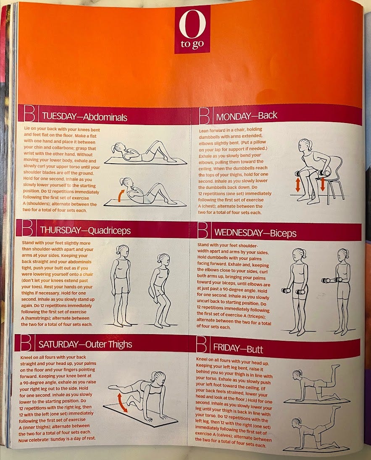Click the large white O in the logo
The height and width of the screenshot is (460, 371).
pyautogui.click(x=192, y=24)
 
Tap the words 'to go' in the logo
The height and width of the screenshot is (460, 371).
pyautogui.click(x=192, y=44)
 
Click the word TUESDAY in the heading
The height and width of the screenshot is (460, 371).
pyautogui.click(x=59, y=116)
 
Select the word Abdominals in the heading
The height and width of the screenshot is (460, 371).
pyautogui.click(x=105, y=118)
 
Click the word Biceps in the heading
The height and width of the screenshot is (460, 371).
pyautogui.click(x=283, y=233)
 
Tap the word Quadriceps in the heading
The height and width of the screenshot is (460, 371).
pyautogui.click(x=109, y=230)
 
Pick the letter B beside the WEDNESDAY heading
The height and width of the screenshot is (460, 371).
pyautogui.click(x=203, y=230)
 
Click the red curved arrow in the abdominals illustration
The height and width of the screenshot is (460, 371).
pyautogui.click(x=121, y=196)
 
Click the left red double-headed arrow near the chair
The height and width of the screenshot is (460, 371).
pyautogui.click(x=298, y=185)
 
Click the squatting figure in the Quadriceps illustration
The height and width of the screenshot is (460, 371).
pyautogui.click(x=160, y=290)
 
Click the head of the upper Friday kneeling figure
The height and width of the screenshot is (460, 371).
pyautogui.click(x=298, y=374)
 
